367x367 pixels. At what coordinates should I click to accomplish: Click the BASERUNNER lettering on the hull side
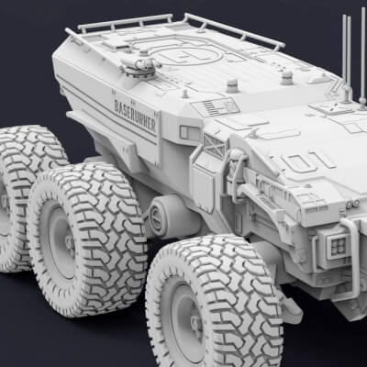coord(135,114)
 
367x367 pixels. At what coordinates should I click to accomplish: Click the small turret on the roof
coord(140,63)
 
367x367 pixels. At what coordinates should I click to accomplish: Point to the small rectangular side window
coord(190,133)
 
